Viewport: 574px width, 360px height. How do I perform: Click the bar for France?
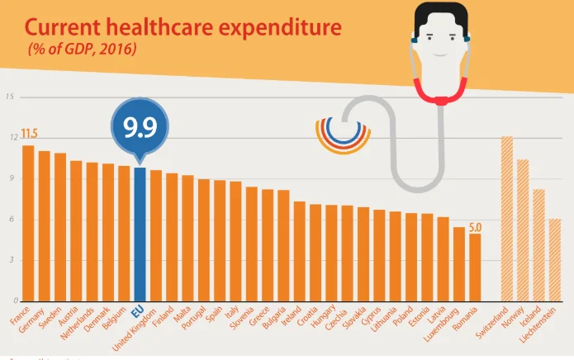(28, 223)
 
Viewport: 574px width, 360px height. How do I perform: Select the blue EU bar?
(140, 234)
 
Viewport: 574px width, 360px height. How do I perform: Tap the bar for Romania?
(475, 268)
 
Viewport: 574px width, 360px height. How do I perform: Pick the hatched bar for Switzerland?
(507, 219)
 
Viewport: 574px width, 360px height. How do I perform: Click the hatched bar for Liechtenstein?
(555, 260)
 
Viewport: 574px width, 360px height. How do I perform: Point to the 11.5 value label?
(30, 134)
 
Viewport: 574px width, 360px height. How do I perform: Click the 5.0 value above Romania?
(475, 226)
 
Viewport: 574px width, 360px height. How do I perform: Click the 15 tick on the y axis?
(9, 97)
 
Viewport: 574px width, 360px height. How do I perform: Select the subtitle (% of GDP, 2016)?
(83, 50)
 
